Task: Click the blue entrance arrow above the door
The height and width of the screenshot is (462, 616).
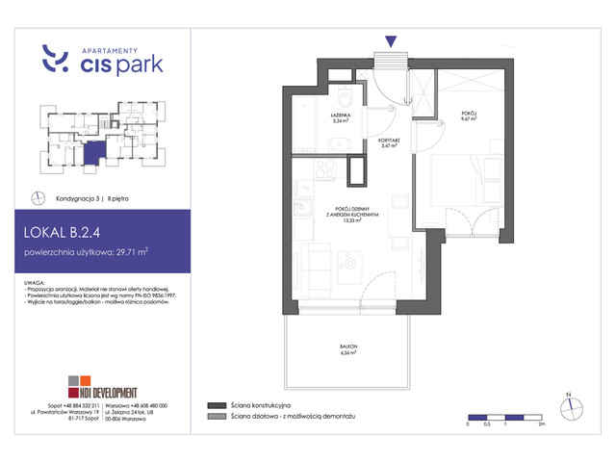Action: point(390,40)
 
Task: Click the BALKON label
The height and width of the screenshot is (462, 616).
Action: point(348,350)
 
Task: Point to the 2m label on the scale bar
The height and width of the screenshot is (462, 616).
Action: point(543,424)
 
